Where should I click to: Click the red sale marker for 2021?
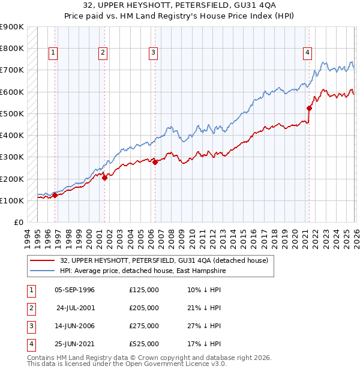click(x=310, y=109)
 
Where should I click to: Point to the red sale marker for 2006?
click(x=155, y=162)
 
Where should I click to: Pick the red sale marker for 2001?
click(x=104, y=178)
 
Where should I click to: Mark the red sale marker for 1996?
click(x=55, y=195)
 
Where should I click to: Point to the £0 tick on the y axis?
click(x=18, y=223)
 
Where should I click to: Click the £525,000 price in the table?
click(x=144, y=344)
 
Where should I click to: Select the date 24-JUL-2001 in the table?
click(x=76, y=308)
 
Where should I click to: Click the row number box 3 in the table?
click(x=30, y=326)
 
